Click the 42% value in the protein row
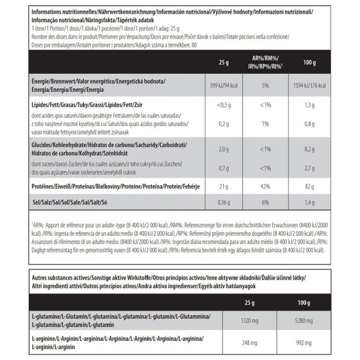[264, 187]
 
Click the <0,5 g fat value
[223, 106]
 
